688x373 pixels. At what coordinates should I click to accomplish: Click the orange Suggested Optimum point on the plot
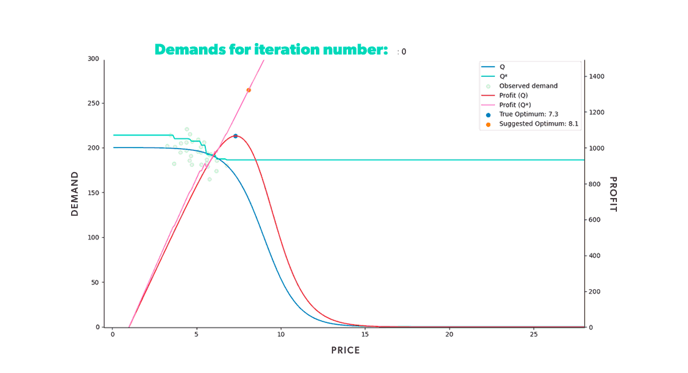point(248,90)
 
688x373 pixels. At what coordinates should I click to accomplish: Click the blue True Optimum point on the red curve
point(235,136)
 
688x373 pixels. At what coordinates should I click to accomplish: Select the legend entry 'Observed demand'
point(528,86)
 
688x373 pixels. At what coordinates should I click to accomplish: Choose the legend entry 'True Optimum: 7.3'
point(528,114)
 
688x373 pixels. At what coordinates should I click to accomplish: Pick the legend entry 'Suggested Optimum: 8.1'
point(538,124)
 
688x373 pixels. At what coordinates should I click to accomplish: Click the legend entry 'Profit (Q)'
point(513,95)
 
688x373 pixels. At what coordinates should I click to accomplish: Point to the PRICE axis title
point(346,350)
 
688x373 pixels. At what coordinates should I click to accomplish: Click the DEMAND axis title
point(75,193)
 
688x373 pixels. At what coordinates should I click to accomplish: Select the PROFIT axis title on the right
point(612,194)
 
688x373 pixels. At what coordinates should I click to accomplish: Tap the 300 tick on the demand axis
point(93,59)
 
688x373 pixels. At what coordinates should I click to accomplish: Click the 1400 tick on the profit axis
point(596,76)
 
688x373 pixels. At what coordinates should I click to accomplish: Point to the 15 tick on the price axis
point(365,334)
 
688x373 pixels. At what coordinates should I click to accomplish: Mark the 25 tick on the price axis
point(533,334)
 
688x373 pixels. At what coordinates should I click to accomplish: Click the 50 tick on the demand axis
point(95,282)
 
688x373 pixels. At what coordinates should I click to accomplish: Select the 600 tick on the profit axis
point(595,220)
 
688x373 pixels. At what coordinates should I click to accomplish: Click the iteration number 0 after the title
point(404,52)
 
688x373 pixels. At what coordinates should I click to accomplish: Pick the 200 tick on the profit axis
point(595,292)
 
